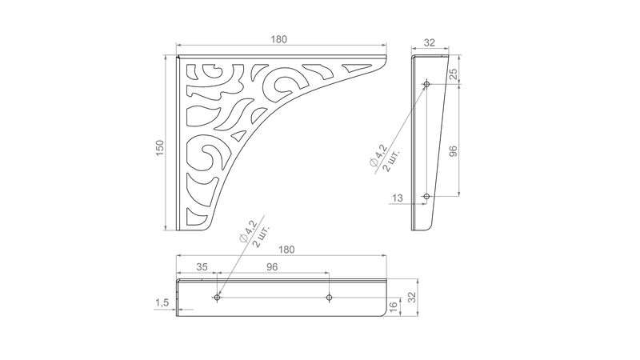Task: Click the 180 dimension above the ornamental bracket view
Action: click(x=278, y=39)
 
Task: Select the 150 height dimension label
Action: click(x=160, y=147)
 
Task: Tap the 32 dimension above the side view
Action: click(x=430, y=42)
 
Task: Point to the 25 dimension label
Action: click(x=453, y=74)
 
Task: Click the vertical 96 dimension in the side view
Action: click(x=453, y=151)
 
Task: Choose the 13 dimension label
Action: click(x=397, y=198)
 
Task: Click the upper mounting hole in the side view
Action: click(x=426, y=85)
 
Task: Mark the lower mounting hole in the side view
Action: click(x=426, y=196)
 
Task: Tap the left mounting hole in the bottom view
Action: click(x=217, y=297)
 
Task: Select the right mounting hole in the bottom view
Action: click(x=329, y=297)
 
